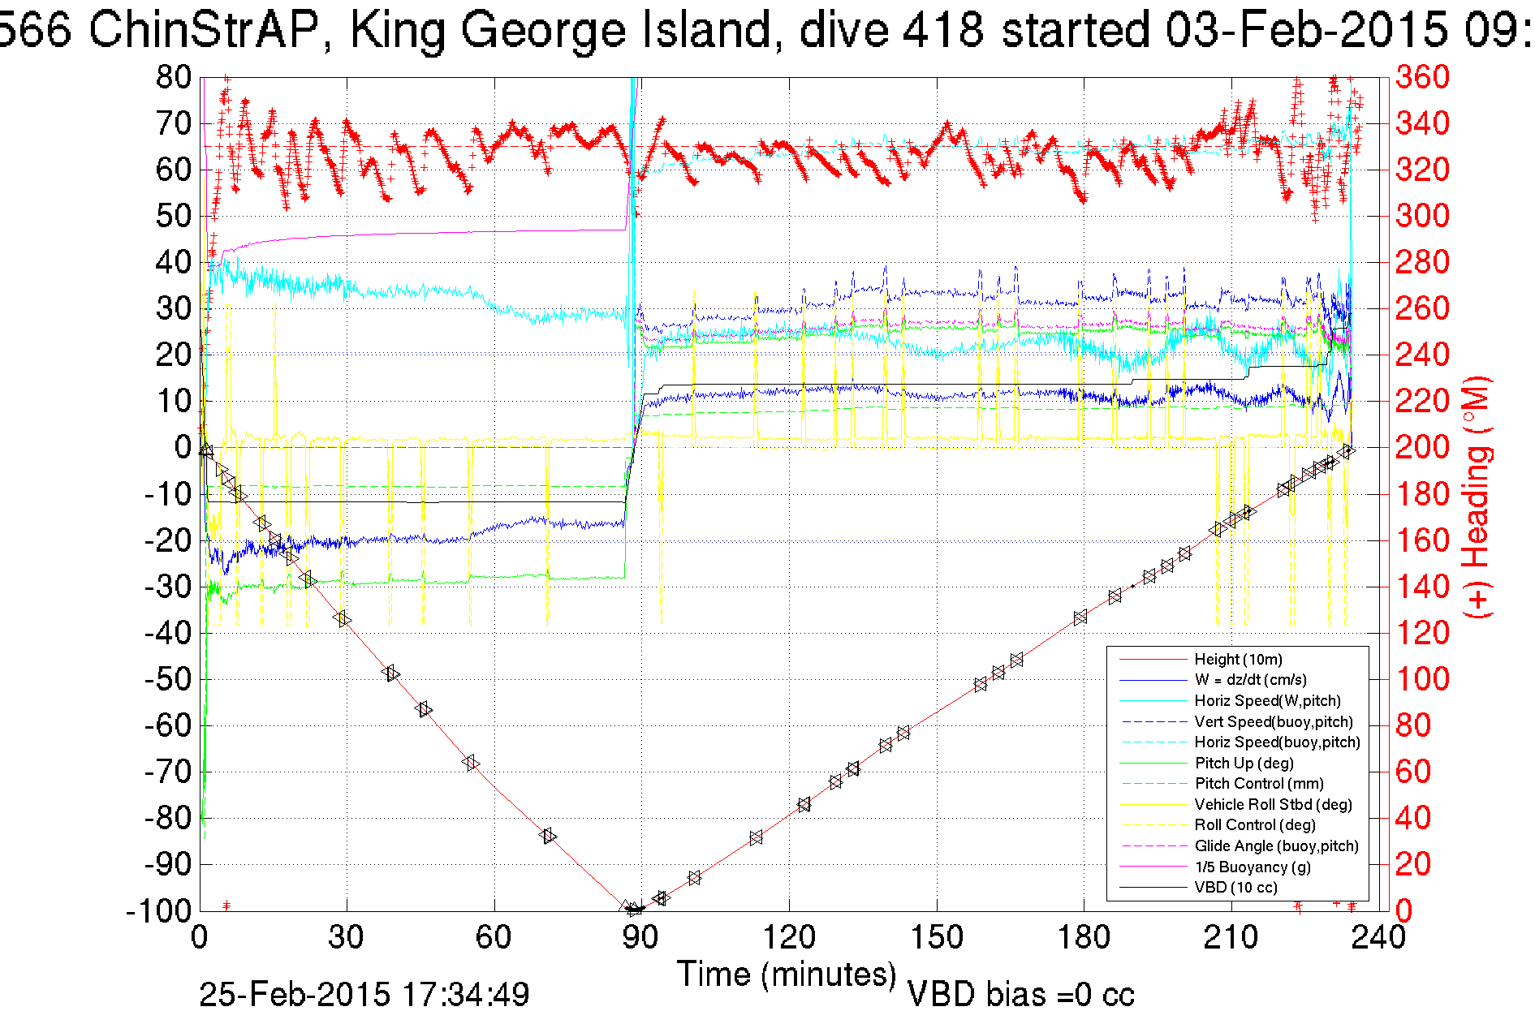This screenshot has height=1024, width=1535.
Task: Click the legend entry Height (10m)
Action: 1238,660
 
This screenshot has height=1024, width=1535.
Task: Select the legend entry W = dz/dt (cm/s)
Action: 1250,680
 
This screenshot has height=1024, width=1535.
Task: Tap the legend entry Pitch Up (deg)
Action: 1244,764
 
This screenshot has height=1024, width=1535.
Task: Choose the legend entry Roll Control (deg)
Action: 1255,825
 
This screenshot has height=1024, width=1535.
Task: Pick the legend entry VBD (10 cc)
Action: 1235,888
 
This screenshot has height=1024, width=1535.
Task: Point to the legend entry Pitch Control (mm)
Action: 1259,784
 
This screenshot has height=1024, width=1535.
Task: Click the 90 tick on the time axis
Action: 641,938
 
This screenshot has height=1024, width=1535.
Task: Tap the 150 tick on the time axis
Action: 936,938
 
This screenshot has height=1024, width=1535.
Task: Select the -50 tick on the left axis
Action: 167,679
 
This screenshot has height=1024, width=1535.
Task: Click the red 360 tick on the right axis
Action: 1422,78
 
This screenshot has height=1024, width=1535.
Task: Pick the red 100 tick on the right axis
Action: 1422,679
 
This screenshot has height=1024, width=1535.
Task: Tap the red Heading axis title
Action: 1477,497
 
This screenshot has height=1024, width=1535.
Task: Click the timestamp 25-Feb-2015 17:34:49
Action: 364,995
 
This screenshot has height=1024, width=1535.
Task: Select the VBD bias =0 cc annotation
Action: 1020,995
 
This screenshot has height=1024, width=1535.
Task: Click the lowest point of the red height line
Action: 634,910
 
